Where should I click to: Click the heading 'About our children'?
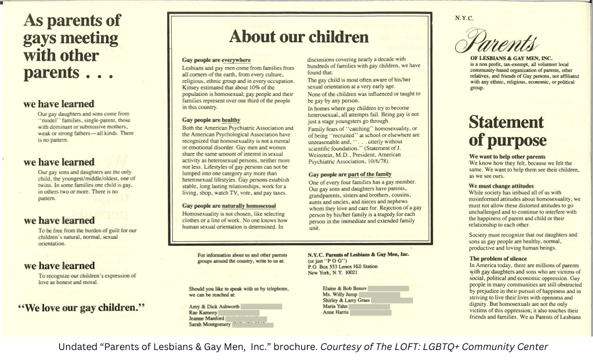[x=299, y=36]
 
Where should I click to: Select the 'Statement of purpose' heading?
[x=507, y=131]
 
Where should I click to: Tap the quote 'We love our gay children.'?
[x=82, y=307]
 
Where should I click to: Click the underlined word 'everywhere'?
[x=236, y=60]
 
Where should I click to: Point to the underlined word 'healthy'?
[x=231, y=120]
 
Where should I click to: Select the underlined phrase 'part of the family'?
[x=369, y=174]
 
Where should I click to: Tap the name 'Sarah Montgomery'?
[x=209, y=325]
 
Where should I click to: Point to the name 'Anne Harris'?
[x=336, y=312]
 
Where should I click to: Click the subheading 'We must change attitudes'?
[x=501, y=186]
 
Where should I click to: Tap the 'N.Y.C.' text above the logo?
[x=464, y=18]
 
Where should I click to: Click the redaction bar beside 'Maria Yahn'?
[x=369, y=306]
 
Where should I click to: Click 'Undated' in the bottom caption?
[x=75, y=347]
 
